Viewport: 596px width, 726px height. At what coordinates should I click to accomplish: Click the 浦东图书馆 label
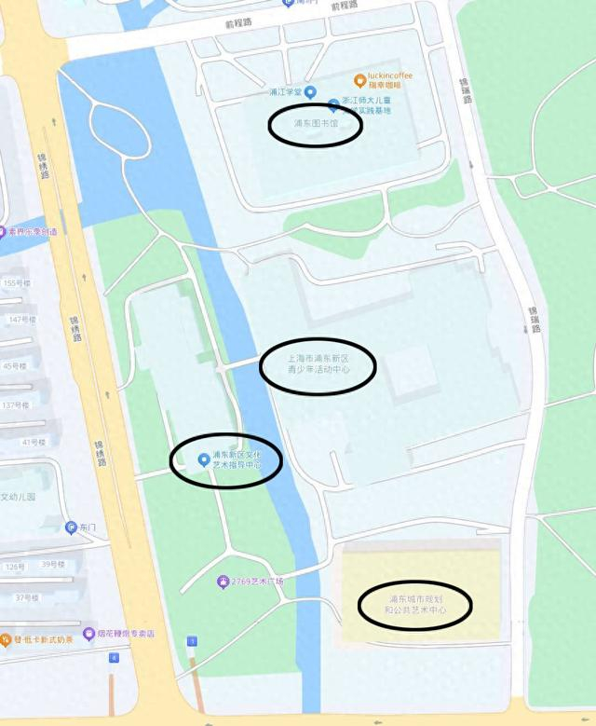pyautogui.click(x=315, y=123)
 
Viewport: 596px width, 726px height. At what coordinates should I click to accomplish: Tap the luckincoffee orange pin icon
pyautogui.click(x=359, y=80)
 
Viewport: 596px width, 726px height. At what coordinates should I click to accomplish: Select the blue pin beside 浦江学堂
pyautogui.click(x=310, y=92)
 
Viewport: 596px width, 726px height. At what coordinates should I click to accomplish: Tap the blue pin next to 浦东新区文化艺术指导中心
pyautogui.click(x=204, y=459)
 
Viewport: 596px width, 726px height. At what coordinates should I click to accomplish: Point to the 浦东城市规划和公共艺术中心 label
pyautogui.click(x=415, y=604)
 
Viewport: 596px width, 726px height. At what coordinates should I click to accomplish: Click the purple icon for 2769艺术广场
pyautogui.click(x=223, y=582)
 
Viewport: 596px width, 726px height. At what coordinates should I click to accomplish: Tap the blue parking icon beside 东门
pyautogui.click(x=71, y=527)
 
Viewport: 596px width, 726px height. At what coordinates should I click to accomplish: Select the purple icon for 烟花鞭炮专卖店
pyautogui.click(x=88, y=634)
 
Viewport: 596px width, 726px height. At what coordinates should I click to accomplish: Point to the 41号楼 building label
pyautogui.click(x=34, y=442)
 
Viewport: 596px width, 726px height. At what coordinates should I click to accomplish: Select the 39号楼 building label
pyautogui.click(x=53, y=564)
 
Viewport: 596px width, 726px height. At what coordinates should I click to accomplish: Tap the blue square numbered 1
pyautogui.click(x=193, y=641)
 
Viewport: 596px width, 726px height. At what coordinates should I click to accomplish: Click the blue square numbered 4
pyautogui.click(x=114, y=658)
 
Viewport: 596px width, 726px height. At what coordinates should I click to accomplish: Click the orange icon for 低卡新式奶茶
pyautogui.click(x=6, y=641)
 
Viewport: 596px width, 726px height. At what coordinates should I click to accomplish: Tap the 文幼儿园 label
pyautogui.click(x=19, y=497)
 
